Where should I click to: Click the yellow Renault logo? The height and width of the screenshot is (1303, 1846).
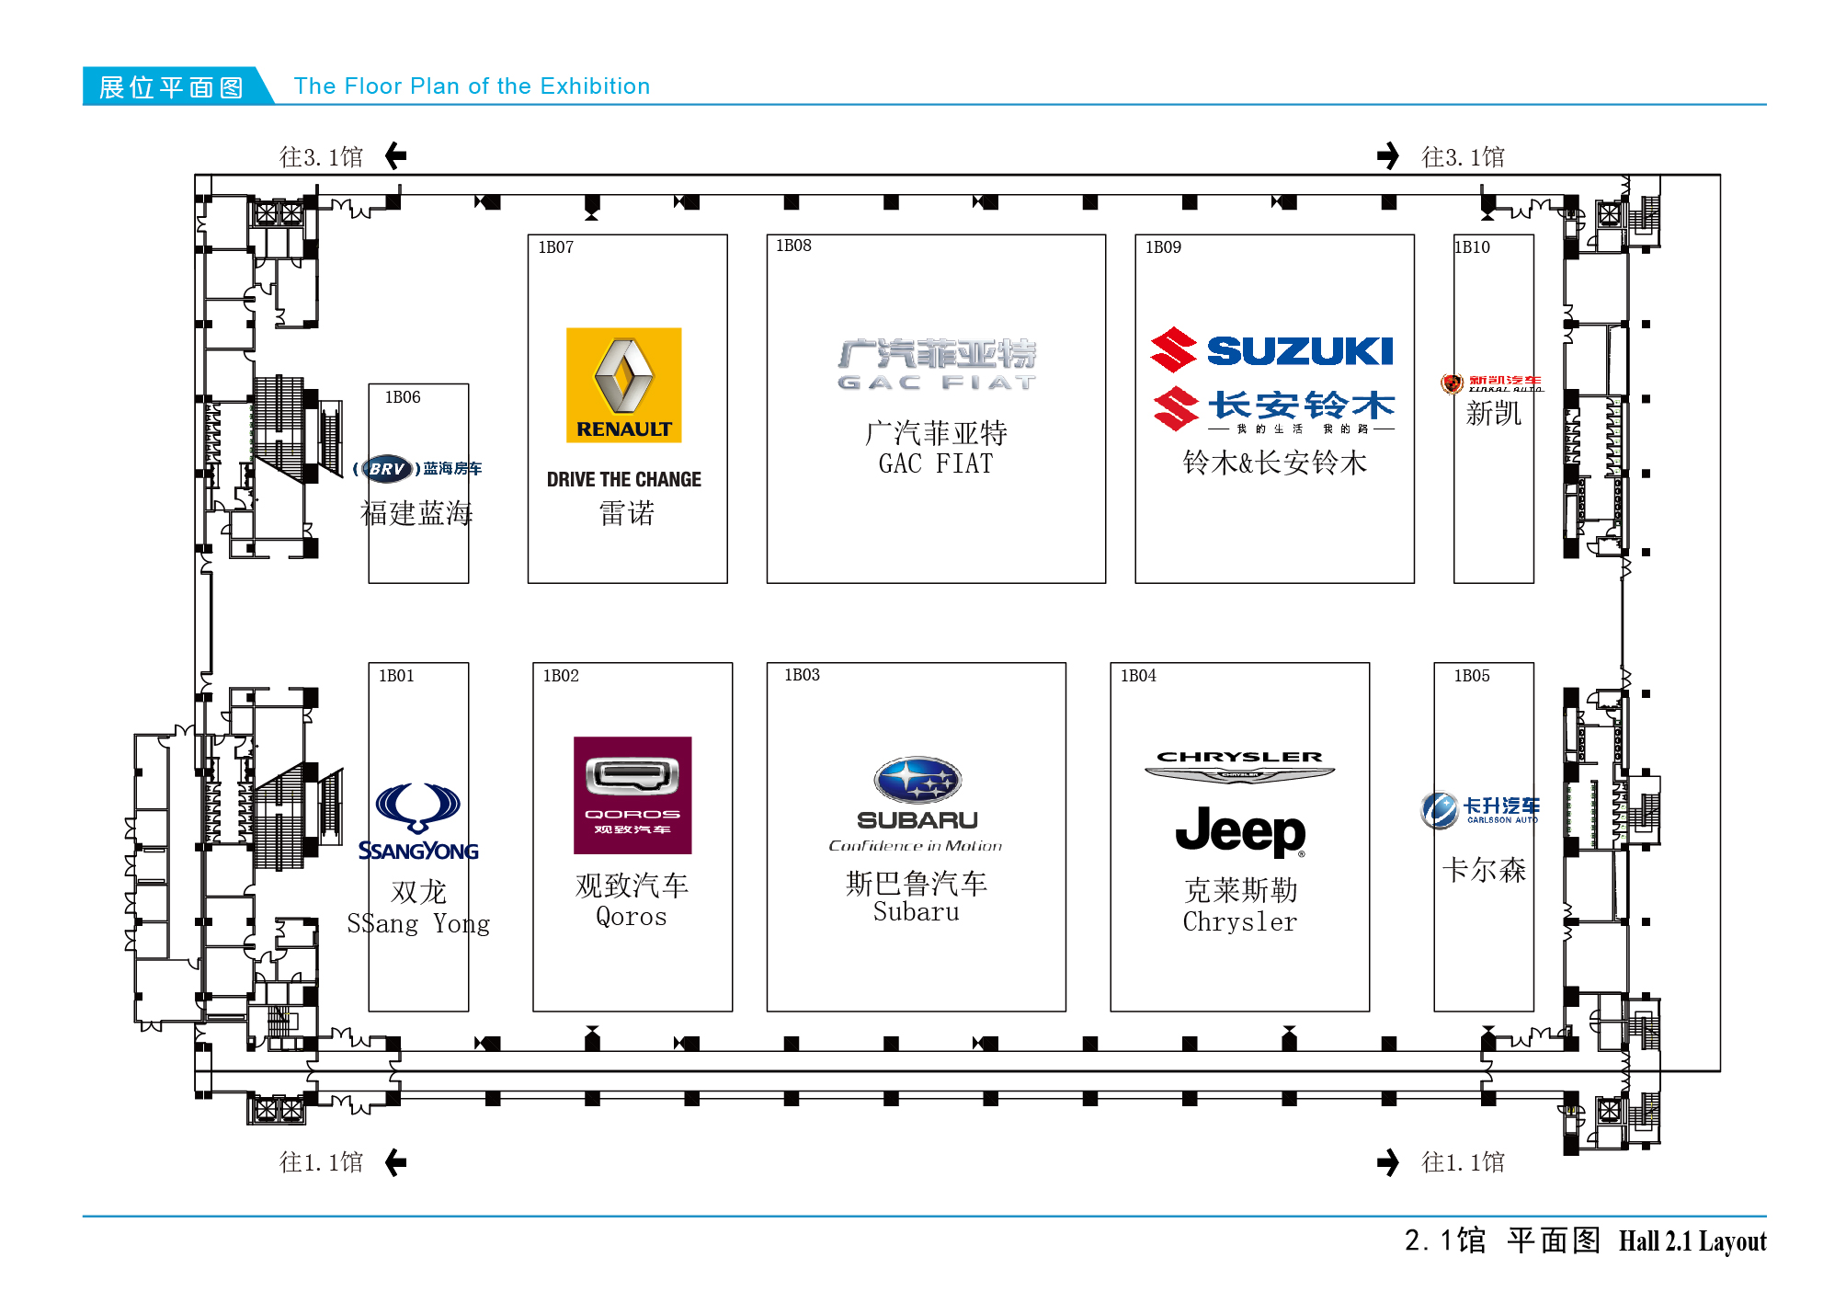[x=623, y=384]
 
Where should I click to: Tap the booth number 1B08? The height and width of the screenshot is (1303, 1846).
[x=793, y=246]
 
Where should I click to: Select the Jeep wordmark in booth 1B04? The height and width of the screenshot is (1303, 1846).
[x=1240, y=831]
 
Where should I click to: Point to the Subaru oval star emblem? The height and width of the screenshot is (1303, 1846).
[x=917, y=781]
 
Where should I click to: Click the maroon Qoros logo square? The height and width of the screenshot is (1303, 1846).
[x=632, y=794]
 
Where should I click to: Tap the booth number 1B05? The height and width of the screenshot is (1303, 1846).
[x=1471, y=676]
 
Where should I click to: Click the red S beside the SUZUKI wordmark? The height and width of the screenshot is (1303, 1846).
[x=1174, y=350]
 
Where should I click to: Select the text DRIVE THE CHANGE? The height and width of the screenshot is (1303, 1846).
[x=623, y=479]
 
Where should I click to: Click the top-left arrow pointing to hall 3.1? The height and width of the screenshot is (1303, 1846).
[x=396, y=156]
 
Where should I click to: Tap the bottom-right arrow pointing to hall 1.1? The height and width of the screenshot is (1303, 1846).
[x=1388, y=1162]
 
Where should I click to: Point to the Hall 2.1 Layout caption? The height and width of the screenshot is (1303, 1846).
[x=1692, y=1241]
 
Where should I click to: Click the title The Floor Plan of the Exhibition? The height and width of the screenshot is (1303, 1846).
[x=472, y=86]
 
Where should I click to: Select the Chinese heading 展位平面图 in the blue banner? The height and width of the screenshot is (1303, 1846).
[x=171, y=87]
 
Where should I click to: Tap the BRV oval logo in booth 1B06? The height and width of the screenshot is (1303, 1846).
[x=387, y=469]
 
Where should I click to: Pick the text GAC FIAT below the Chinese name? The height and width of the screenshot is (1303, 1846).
[x=935, y=463]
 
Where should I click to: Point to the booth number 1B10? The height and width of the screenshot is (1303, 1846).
[x=1473, y=247]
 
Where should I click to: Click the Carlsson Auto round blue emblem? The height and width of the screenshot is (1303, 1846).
[x=1439, y=809]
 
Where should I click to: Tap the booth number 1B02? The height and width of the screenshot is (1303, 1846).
[x=561, y=676]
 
